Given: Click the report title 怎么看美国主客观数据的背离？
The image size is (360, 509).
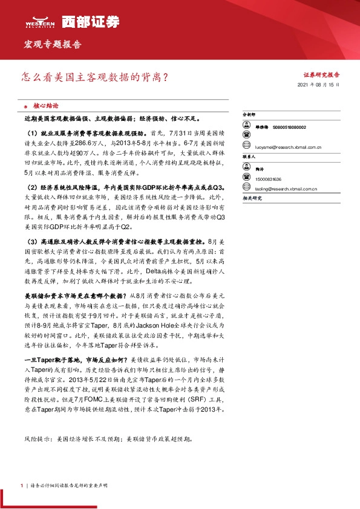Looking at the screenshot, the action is point(94,77).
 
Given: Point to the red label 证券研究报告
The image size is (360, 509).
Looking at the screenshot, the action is point(321,75).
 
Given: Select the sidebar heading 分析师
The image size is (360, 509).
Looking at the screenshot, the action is point(249,114).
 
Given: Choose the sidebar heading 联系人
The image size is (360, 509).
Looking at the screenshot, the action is point(249,156).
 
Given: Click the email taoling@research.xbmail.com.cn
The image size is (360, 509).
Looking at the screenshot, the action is point(287,188).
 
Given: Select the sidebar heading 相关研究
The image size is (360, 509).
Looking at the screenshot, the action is point(251,198).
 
